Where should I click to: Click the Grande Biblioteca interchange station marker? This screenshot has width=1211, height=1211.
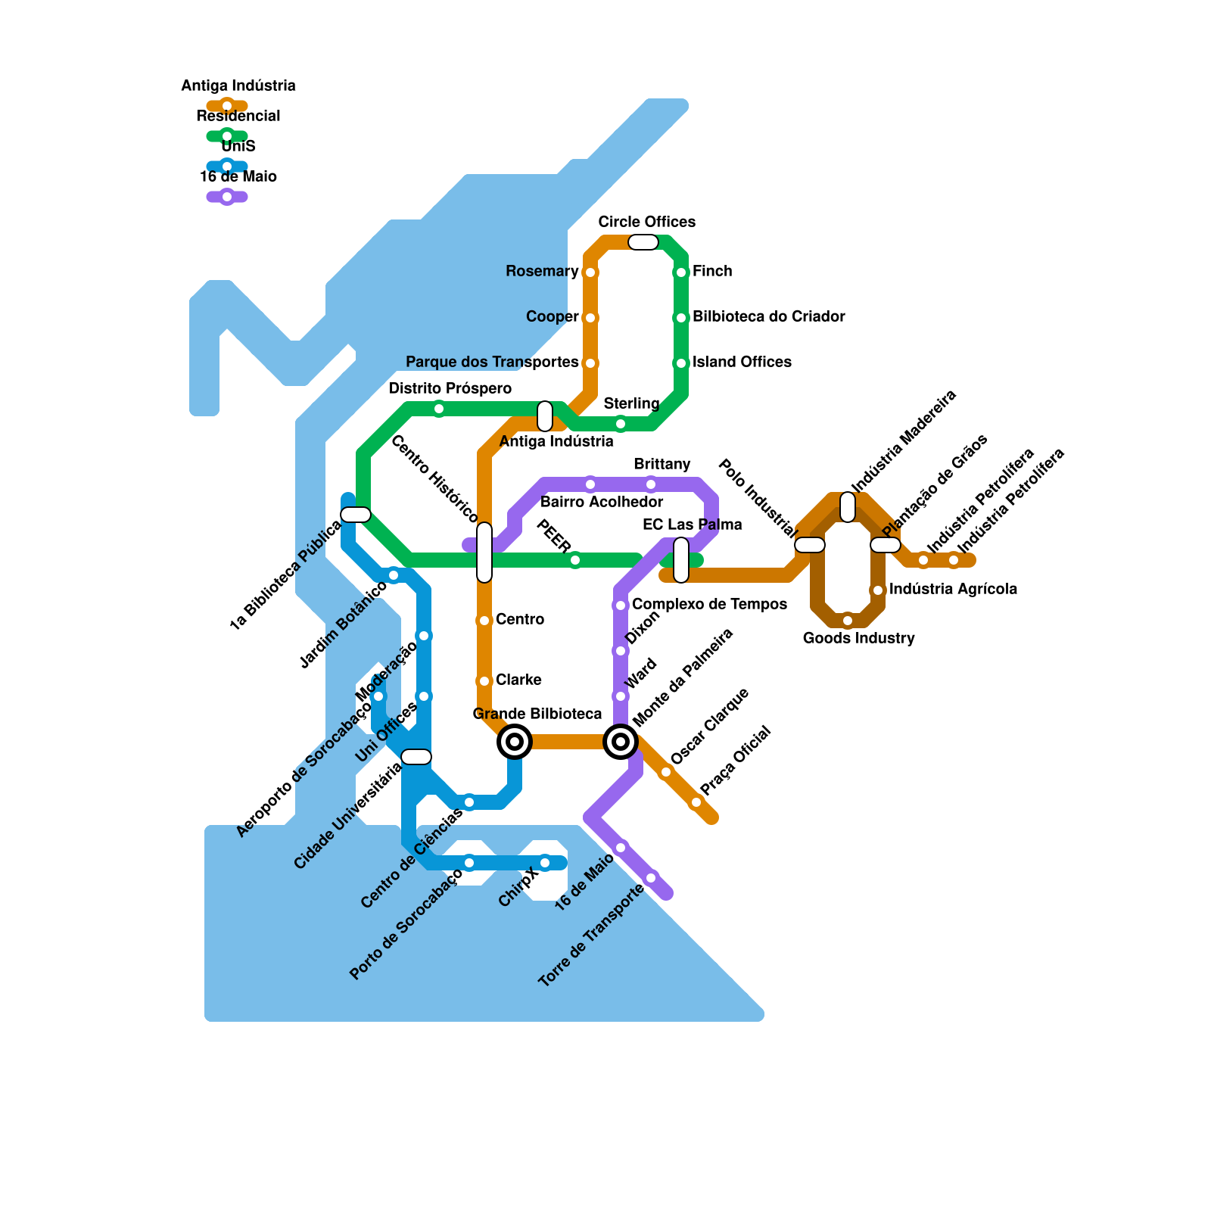coord(515,742)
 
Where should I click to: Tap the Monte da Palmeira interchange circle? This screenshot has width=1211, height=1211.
coord(621,742)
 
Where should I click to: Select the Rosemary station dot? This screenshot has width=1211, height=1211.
coord(590,272)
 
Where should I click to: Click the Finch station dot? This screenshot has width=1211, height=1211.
coord(681,272)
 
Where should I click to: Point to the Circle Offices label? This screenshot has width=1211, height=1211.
coord(646,222)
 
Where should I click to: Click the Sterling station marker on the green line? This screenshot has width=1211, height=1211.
coord(621,424)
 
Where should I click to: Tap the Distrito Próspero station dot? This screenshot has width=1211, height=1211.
coord(439,409)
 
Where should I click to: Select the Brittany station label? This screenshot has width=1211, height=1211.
coord(662,464)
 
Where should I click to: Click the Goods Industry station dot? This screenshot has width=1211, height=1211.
coord(848,621)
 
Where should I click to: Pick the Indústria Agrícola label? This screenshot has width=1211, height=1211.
coord(953,589)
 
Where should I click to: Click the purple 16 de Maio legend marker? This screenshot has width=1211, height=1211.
coord(227,197)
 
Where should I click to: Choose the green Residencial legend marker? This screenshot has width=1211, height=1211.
coord(227,136)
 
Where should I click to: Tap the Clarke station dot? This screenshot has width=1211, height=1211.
coord(484,681)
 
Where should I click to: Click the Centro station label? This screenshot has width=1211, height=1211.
coord(520,619)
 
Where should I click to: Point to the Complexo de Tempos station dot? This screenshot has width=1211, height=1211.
coord(621,605)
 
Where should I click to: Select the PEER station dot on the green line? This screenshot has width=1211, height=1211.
coord(575,560)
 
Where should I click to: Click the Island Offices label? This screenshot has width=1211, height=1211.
coord(742,362)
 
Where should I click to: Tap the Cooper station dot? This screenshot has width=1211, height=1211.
coord(590,318)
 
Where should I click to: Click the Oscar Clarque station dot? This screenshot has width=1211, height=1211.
coord(666,772)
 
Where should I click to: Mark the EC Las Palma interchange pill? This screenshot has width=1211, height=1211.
coord(681,560)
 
